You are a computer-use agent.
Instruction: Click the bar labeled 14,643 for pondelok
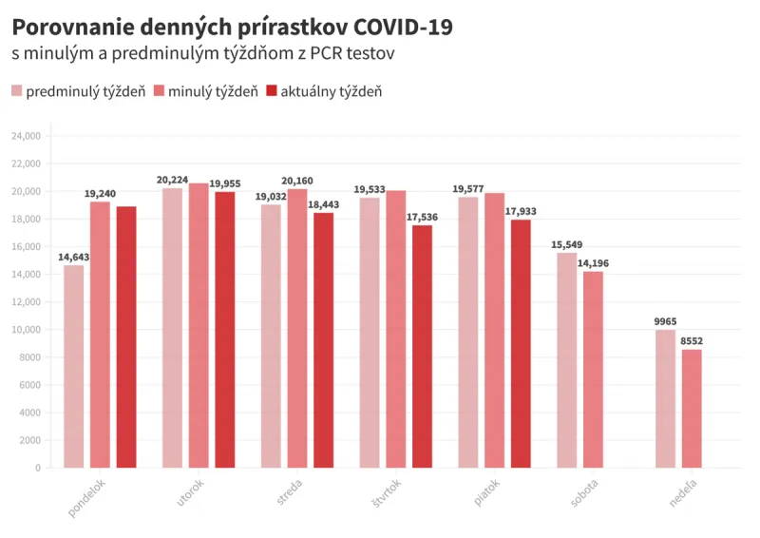point(74,366)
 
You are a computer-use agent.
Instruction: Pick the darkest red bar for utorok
point(225,329)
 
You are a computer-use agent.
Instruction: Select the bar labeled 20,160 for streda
point(297,328)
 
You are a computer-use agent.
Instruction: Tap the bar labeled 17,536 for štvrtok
point(422,346)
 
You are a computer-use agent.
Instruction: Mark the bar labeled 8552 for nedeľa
point(692,409)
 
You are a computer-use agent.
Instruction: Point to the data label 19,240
point(100,194)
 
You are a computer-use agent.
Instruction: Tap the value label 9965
point(665,321)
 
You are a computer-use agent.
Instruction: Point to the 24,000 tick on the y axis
point(26,136)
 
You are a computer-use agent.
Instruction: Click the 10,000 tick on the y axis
point(26,330)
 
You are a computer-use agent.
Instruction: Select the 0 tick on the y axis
point(38,468)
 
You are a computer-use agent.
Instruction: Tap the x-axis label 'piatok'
point(485,493)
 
